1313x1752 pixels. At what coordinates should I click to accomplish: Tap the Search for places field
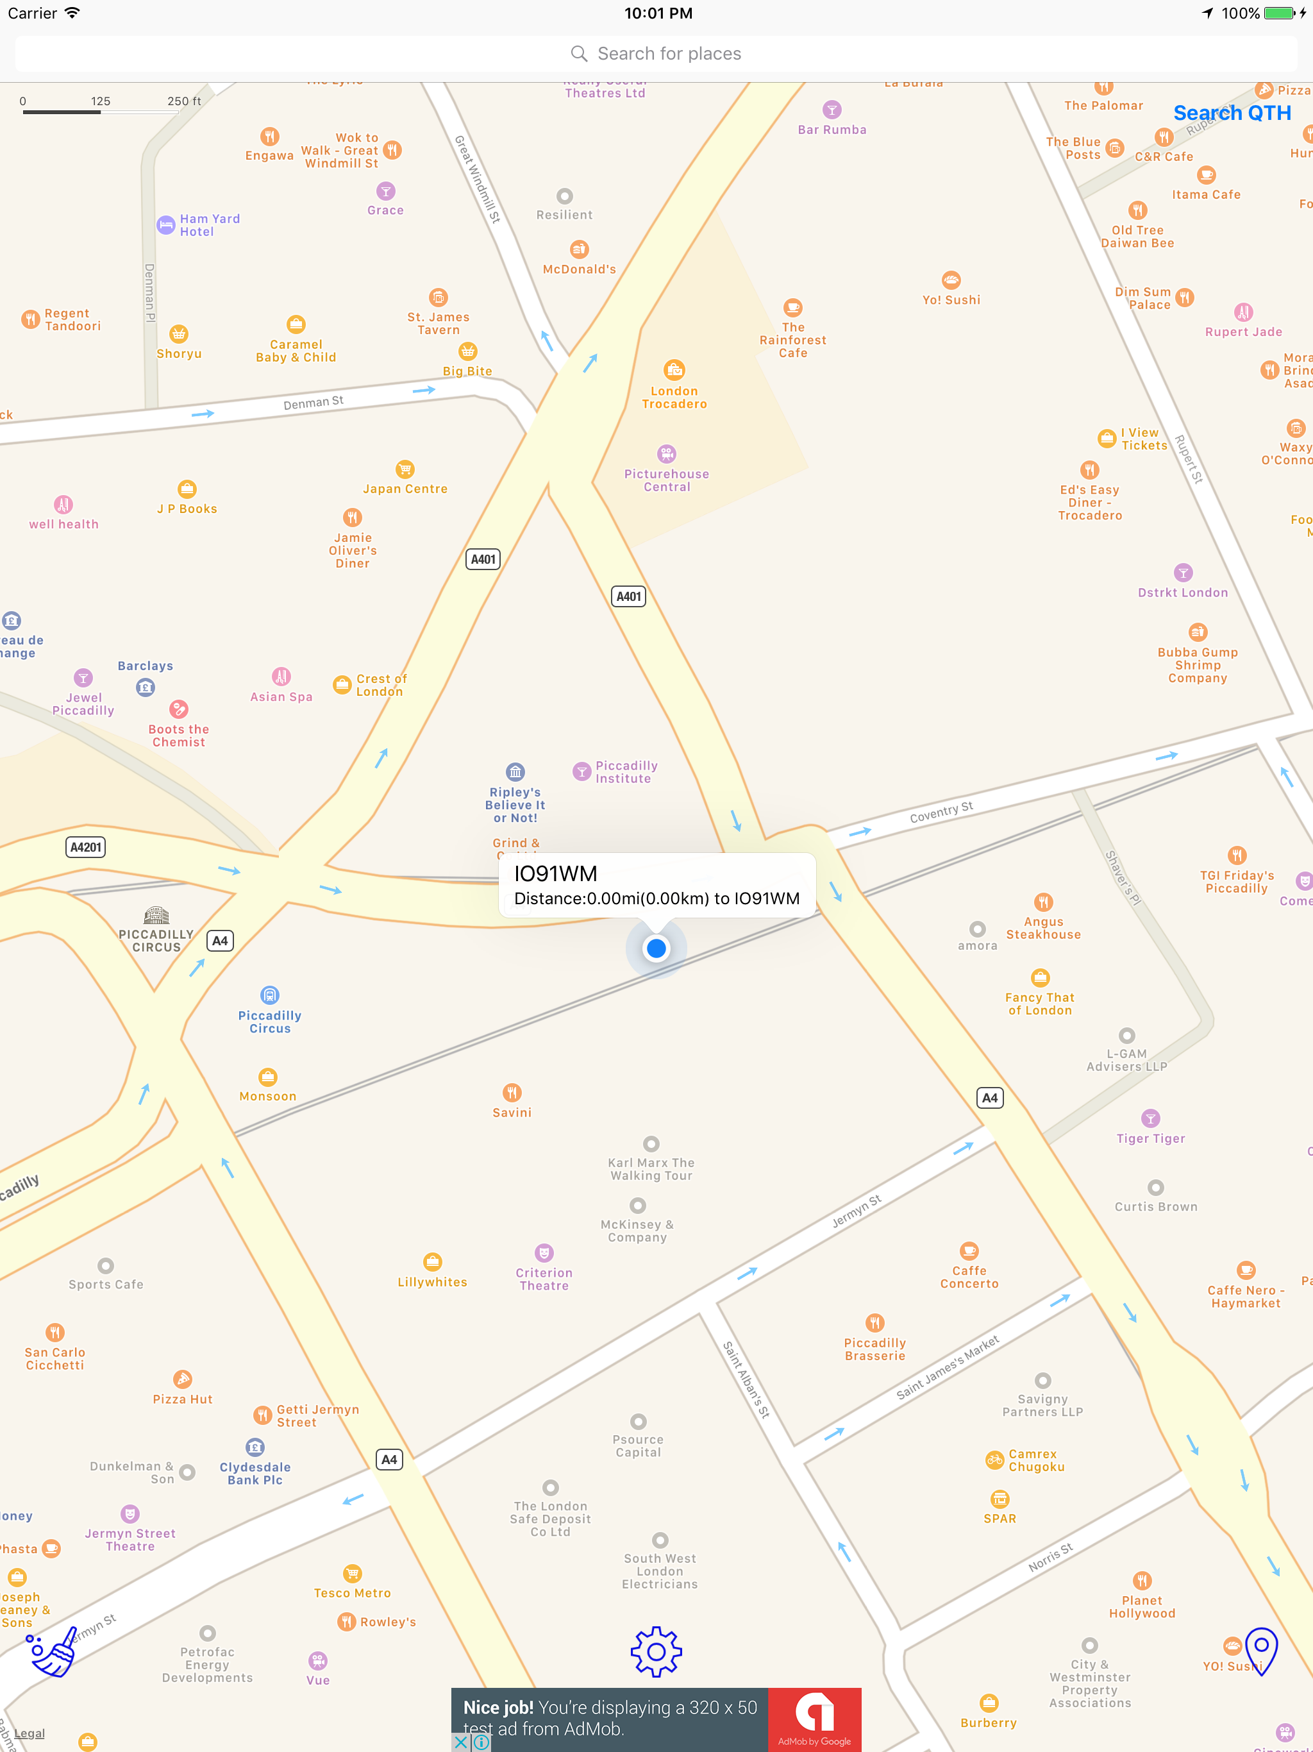pyautogui.click(x=656, y=54)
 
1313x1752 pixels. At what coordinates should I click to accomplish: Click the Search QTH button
pyautogui.click(x=1232, y=114)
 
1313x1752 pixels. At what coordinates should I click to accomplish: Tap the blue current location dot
pyautogui.click(x=656, y=948)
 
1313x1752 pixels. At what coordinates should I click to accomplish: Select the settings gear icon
pyautogui.click(x=656, y=1651)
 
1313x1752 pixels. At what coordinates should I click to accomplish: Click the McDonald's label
pyautogui.click(x=579, y=269)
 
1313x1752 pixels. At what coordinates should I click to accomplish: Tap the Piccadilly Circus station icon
pyautogui.click(x=269, y=995)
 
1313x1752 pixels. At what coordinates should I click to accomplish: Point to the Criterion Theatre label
pyautogui.click(x=544, y=1279)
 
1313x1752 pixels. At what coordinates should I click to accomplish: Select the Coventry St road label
pyautogui.click(x=941, y=813)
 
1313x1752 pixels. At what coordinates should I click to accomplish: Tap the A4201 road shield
pyautogui.click(x=85, y=847)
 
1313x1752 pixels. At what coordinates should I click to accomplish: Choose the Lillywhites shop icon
pyautogui.click(x=432, y=1261)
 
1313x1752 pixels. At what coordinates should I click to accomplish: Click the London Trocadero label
pyautogui.click(x=674, y=398)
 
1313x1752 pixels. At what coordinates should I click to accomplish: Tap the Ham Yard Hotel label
pyautogui.click(x=209, y=225)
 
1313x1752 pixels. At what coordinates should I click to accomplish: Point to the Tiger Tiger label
pyautogui.click(x=1151, y=1138)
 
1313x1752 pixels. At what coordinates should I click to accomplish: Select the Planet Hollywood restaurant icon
pyautogui.click(x=1142, y=1580)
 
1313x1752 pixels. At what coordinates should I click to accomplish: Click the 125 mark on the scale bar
pyautogui.click(x=101, y=101)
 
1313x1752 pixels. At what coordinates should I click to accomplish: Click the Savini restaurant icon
pyautogui.click(x=512, y=1092)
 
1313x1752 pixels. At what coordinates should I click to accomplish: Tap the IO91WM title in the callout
pyautogui.click(x=555, y=873)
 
